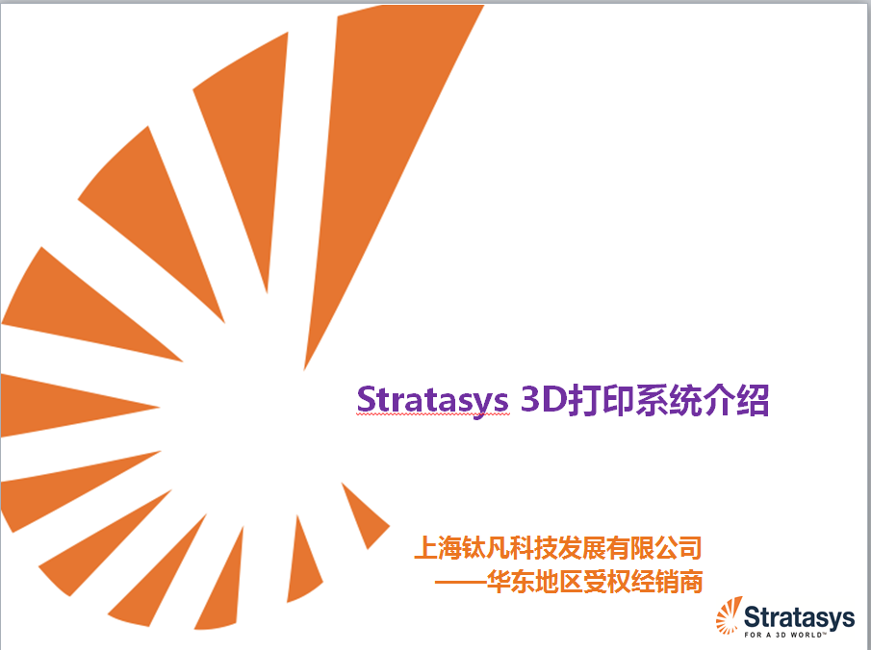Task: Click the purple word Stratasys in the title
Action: point(432,400)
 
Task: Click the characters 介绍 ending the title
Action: point(736,400)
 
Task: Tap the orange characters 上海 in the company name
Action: point(438,548)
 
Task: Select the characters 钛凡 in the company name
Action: point(486,548)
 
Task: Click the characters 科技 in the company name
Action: point(534,548)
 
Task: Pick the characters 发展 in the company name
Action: point(582,548)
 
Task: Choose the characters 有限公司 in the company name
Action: point(654,548)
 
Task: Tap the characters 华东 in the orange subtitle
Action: point(510,582)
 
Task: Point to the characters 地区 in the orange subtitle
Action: point(558,582)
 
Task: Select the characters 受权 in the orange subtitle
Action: point(606,582)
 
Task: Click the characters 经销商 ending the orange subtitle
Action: point(667,582)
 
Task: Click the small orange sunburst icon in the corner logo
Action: point(729,616)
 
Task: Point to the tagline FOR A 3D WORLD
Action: point(785,635)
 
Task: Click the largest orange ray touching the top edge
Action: point(383,138)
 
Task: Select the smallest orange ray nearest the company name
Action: point(364,517)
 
